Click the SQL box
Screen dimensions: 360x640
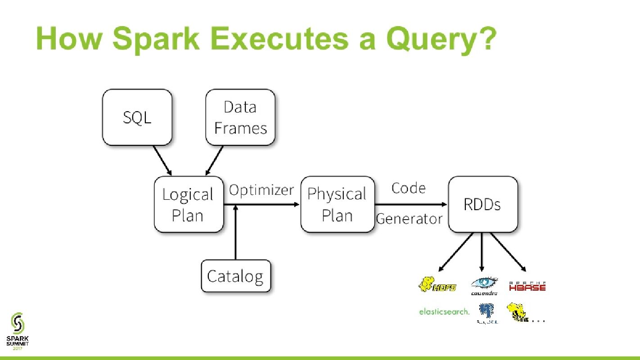(137, 117)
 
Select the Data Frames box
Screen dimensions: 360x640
(240, 117)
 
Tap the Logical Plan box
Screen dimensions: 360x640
(189, 205)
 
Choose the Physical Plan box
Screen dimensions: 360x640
(337, 205)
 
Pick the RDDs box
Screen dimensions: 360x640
(482, 205)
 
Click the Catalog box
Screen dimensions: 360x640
(235, 276)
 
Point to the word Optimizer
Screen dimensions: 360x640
(261, 190)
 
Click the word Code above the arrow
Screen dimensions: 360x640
(408, 188)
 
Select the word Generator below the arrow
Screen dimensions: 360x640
(409, 219)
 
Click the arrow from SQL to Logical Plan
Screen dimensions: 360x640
(162, 160)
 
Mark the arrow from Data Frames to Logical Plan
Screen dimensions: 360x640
(215, 160)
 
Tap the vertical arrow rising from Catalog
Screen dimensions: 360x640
(235, 234)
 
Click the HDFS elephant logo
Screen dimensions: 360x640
(437, 285)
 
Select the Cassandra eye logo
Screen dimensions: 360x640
(484, 285)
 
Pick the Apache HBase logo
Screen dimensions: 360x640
(527, 286)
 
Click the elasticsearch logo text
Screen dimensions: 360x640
(444, 311)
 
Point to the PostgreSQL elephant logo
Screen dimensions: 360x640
(487, 313)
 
